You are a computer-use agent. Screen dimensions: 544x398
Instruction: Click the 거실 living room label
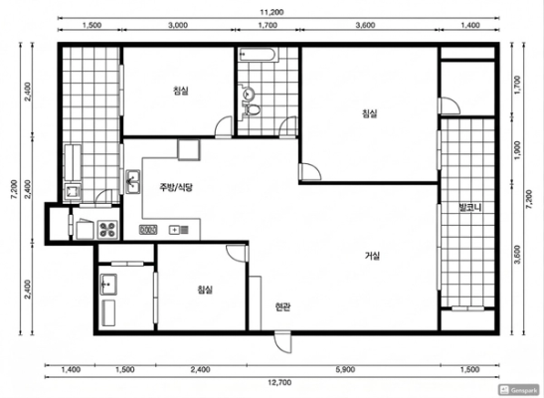372,256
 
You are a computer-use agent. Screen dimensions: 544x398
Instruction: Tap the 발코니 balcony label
469,208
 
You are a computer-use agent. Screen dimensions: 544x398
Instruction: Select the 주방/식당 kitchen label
176,187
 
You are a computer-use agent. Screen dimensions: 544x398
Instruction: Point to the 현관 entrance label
282,306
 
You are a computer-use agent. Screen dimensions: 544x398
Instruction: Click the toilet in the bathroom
253,109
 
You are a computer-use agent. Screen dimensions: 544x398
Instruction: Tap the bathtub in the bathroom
258,55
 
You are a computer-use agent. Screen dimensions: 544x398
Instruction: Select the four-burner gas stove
107,229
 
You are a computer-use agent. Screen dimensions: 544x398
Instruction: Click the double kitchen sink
132,181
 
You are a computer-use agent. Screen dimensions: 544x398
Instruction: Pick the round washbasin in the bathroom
249,93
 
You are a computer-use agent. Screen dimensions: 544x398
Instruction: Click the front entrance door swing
282,342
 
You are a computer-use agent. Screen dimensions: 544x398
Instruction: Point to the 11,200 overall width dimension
272,12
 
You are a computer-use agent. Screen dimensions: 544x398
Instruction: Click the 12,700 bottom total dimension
279,382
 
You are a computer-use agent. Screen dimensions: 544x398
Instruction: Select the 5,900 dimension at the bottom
345,369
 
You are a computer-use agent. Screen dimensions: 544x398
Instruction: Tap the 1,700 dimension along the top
268,25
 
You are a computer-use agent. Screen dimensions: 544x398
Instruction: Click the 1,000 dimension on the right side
518,150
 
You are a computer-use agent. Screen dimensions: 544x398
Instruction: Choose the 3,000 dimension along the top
178,25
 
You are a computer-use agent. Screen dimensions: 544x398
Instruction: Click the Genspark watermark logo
519,390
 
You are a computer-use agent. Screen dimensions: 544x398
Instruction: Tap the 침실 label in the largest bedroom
370,113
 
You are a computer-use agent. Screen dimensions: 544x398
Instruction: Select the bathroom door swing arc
288,126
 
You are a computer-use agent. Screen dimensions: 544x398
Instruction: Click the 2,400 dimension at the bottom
201,369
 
